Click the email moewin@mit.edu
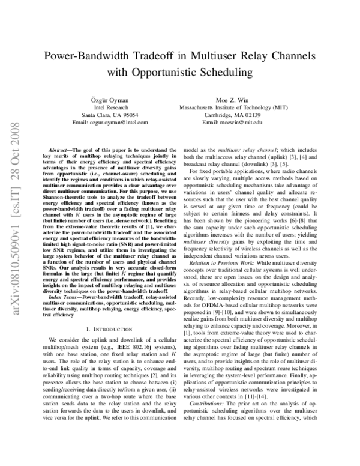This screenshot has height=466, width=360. [x=248, y=122]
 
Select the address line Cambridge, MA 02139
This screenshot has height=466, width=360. [x=248, y=114]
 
